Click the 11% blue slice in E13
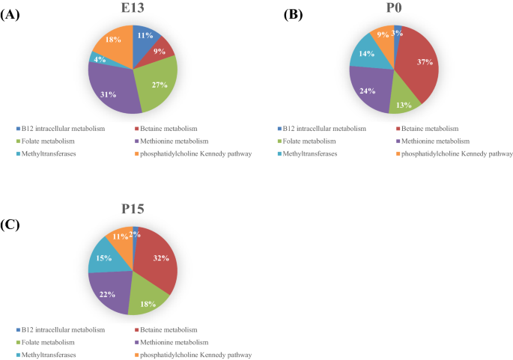(145, 38)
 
